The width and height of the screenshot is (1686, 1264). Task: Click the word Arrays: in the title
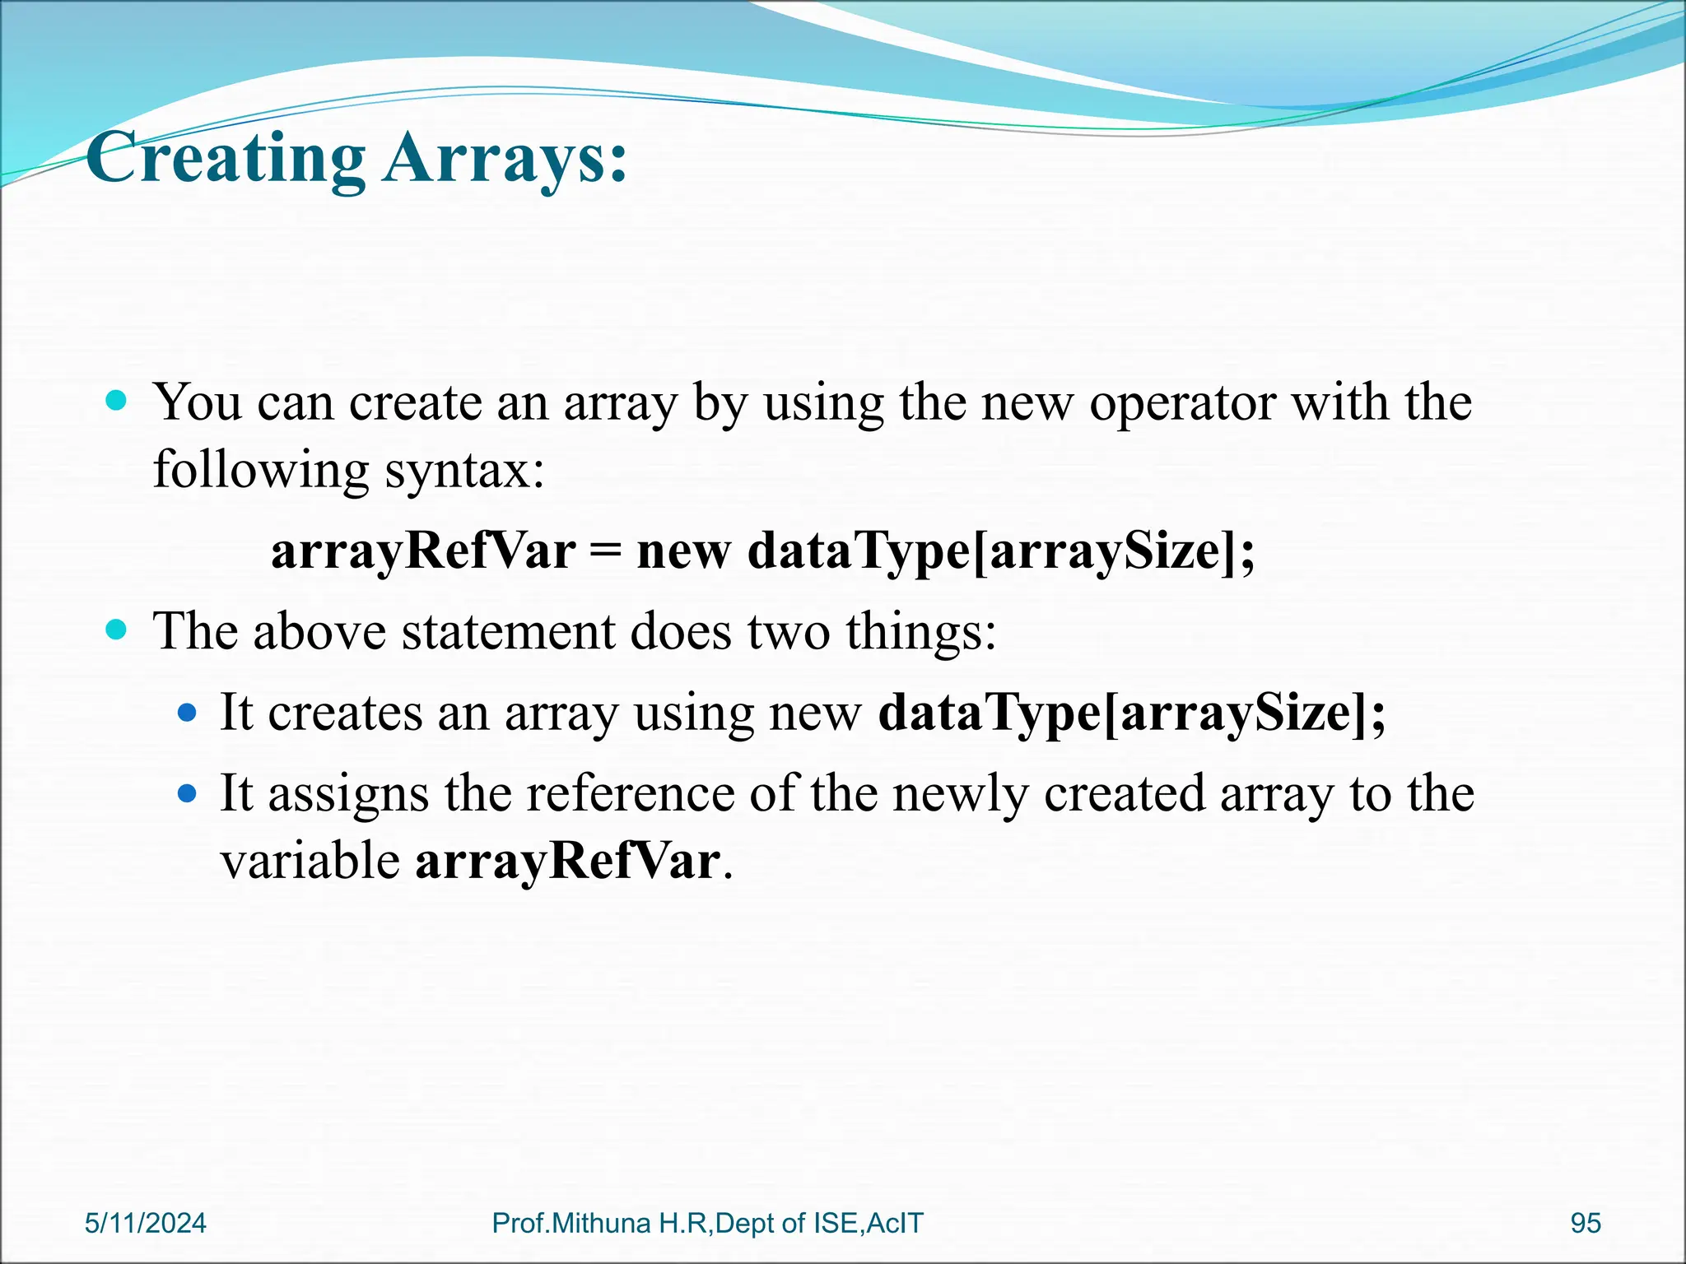point(505,158)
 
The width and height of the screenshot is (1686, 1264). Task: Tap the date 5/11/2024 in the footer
point(146,1223)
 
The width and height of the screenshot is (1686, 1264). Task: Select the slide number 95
point(1586,1223)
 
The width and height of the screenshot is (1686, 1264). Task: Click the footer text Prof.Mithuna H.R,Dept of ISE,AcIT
point(707,1223)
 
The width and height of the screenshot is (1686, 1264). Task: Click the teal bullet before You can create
point(118,402)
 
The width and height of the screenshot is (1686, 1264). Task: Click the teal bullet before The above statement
point(118,631)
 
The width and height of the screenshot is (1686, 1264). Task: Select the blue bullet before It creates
point(188,712)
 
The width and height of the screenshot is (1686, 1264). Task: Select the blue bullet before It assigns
point(188,793)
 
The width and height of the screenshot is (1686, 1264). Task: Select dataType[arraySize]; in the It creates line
point(1132,713)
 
